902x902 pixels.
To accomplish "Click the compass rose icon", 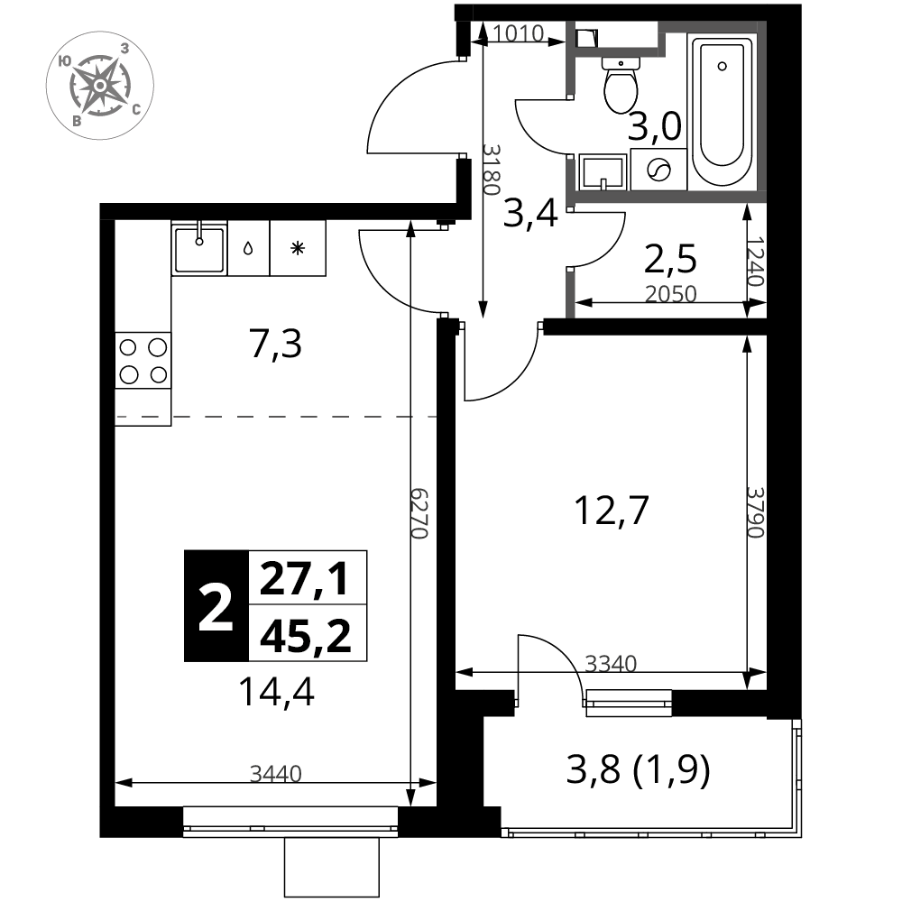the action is (x=99, y=85).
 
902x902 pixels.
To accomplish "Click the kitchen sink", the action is (x=199, y=248).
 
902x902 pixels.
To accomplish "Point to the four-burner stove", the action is (x=143, y=361).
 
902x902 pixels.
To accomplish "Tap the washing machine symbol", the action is (x=658, y=170).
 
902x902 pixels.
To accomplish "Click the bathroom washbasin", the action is (x=603, y=172).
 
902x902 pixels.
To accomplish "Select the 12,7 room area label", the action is (x=612, y=511).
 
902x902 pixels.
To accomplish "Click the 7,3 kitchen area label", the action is (x=275, y=345).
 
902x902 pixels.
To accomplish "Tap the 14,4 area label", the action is (x=276, y=692).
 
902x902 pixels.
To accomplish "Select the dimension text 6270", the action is (x=420, y=514).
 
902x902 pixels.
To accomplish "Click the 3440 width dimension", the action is (x=275, y=774).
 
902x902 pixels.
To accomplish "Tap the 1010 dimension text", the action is (x=518, y=34).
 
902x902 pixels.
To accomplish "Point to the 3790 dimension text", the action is (x=755, y=512).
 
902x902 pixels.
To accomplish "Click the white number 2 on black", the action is (x=216, y=607).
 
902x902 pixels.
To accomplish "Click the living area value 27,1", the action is (x=304, y=579).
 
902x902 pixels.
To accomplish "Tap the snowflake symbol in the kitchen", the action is (x=298, y=249).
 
